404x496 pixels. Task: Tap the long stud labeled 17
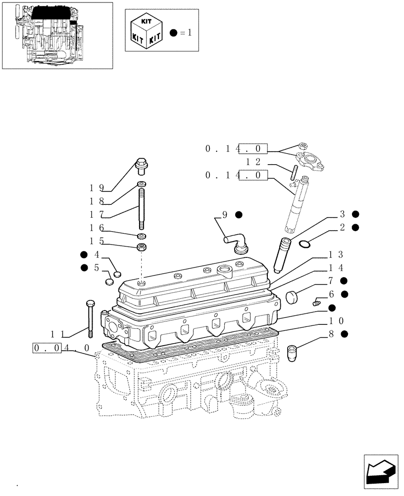[142, 208]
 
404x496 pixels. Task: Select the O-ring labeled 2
[305, 243]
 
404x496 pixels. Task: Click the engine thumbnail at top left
[57, 35]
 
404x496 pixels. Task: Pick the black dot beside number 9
[239, 215]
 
